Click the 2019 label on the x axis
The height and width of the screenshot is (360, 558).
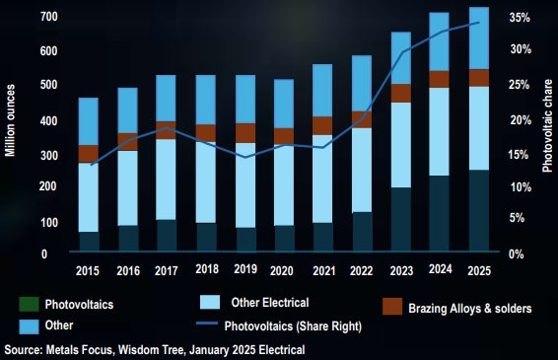245,269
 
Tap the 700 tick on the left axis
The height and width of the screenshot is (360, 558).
48,17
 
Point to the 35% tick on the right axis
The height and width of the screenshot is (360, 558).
520,18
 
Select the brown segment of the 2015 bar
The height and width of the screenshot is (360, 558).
89,154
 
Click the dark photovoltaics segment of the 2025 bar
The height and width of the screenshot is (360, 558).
479,210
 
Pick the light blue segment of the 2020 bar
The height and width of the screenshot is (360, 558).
284,184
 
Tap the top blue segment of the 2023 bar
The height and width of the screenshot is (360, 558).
401,58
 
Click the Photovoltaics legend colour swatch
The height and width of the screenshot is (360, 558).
29,304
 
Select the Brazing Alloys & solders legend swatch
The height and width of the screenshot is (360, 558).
392,306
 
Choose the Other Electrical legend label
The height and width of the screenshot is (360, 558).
270,303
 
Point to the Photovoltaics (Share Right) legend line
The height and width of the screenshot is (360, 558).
207,324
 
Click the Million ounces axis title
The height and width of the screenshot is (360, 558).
10,120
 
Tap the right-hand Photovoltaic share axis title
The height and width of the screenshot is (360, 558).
547,125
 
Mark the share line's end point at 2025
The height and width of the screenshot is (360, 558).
479,23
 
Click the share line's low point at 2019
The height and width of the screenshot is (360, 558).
245,158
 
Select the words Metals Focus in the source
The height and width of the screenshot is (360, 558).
79,350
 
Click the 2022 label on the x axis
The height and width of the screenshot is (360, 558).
362,271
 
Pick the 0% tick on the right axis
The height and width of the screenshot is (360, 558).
516,254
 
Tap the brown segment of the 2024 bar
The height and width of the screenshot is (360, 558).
439,80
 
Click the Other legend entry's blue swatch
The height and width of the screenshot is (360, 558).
29,326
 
